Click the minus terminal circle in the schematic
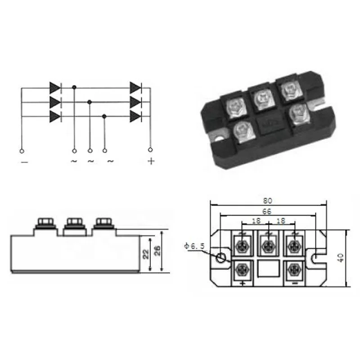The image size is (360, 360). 22,151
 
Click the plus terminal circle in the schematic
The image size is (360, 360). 150,150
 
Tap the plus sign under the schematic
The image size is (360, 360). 151,161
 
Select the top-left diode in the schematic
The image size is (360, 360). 55,88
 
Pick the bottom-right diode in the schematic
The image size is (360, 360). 135,117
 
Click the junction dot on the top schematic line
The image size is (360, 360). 74,87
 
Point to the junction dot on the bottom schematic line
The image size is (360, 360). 104,117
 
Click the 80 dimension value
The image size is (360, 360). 268,201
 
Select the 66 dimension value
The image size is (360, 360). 267,211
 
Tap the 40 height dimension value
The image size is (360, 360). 341,257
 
